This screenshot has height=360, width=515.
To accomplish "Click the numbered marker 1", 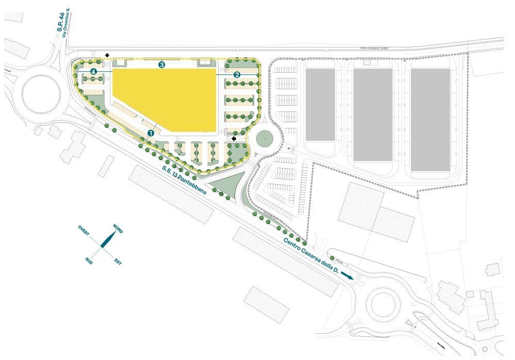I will coord(151,133).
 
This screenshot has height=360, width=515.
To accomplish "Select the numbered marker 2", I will coord(237,74).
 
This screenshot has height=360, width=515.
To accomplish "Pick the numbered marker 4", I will coord(93,71).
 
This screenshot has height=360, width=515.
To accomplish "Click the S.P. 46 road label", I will coord(59,29).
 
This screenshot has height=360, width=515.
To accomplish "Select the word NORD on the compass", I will coord(118,230).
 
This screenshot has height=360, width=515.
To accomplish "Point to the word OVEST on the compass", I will coord(84,231).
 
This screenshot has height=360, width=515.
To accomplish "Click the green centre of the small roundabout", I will coord(265,139).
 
